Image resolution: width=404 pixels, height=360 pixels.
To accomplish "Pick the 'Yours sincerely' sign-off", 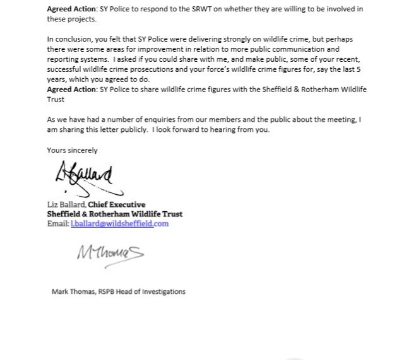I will click(73, 150).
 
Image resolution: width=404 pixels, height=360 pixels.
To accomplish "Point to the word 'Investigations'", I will click(165, 292).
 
